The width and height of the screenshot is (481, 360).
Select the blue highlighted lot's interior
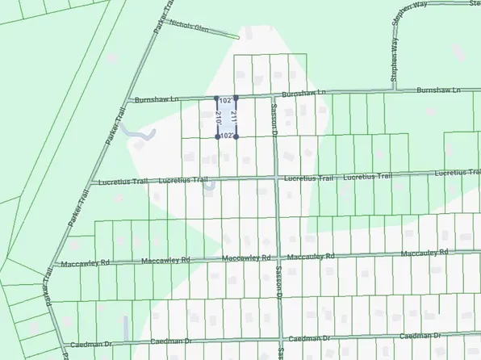click(227, 118)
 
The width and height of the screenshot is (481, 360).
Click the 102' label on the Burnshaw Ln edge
click(226, 102)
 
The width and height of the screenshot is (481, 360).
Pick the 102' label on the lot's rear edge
click(227, 136)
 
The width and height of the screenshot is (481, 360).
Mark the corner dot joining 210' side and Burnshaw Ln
click(216, 98)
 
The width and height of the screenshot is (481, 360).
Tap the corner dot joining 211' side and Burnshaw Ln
click(236, 98)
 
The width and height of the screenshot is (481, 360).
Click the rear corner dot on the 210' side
click(217, 137)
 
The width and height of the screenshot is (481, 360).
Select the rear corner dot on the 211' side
click(236, 137)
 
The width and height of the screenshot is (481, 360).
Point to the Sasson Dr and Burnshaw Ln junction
click(273, 97)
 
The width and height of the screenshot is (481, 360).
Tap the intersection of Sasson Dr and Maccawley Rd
click(278, 257)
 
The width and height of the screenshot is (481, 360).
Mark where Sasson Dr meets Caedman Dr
click(280, 337)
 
